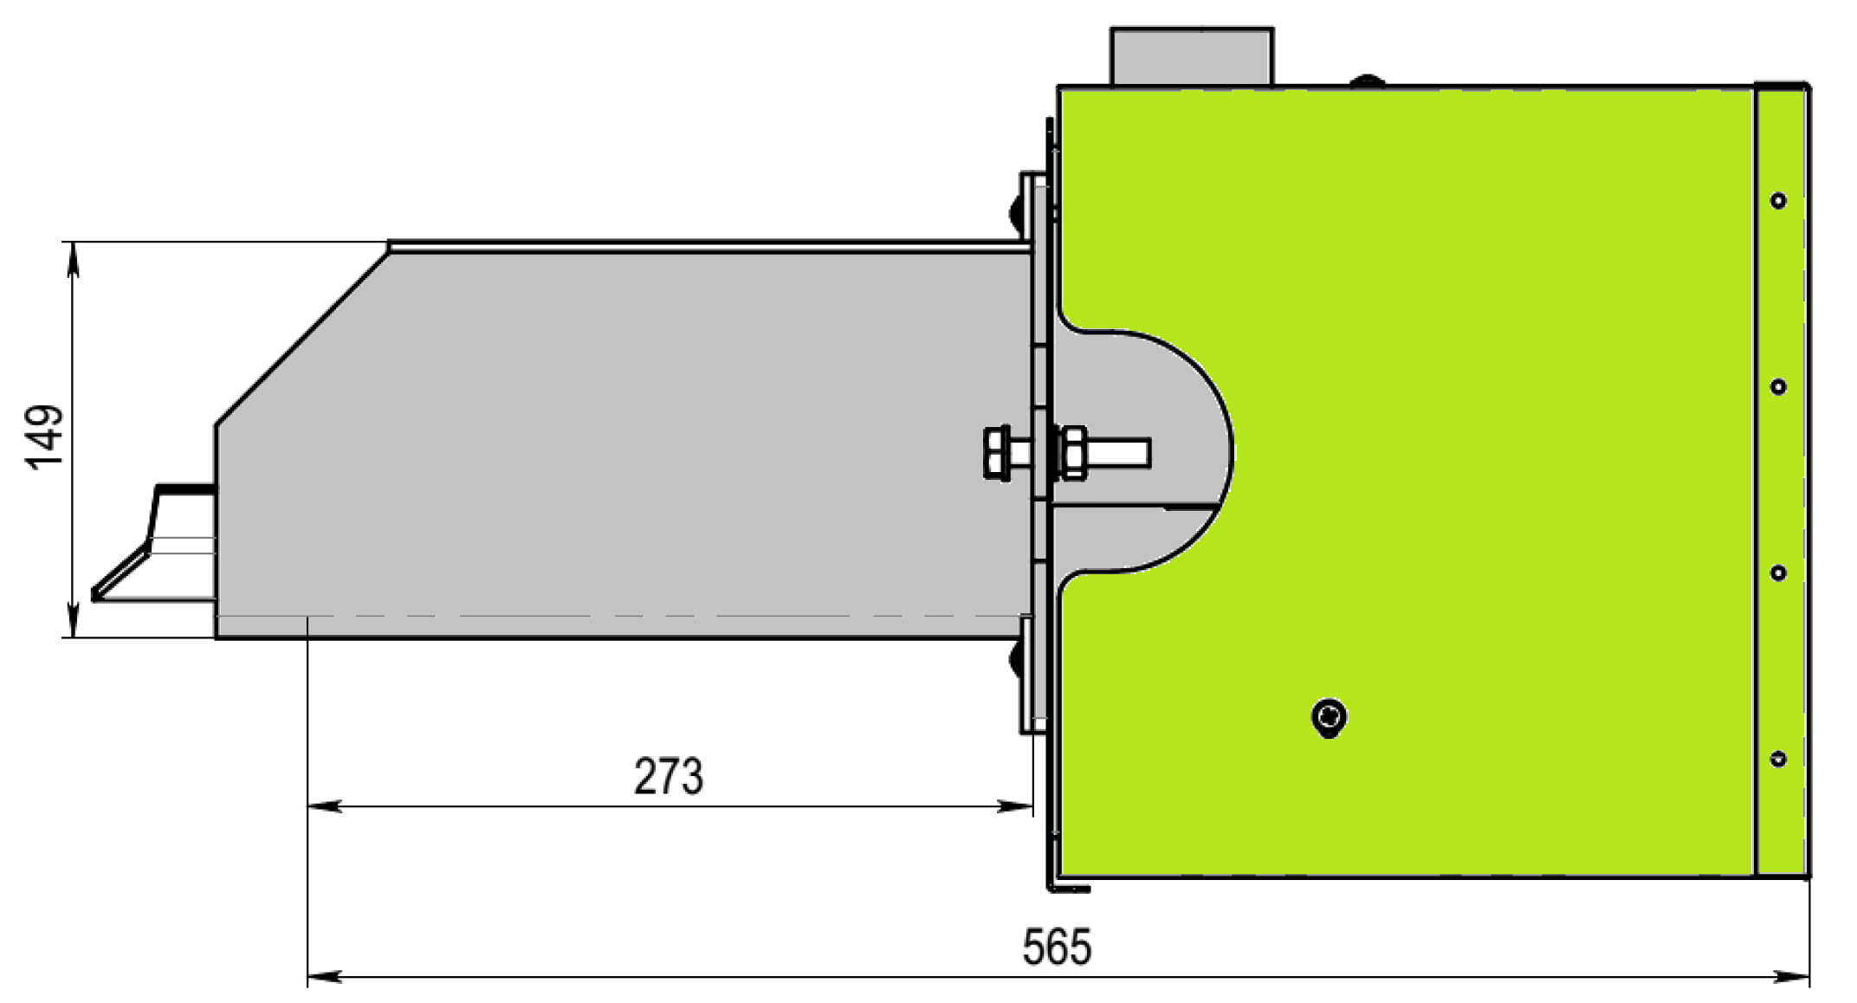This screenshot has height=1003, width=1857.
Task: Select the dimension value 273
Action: (x=668, y=776)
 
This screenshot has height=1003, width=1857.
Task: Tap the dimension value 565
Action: (x=1056, y=947)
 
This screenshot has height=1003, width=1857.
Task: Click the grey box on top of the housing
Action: (x=1191, y=56)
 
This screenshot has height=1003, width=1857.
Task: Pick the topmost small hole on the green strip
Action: (x=1778, y=201)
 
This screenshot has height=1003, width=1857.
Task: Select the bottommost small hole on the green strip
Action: (x=1778, y=760)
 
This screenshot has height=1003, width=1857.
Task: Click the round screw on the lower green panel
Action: (x=1330, y=717)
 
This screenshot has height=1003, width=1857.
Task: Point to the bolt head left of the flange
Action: (x=996, y=452)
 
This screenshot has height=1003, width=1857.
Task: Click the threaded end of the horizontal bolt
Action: (x=1126, y=453)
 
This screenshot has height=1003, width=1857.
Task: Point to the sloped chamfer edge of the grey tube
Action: (x=301, y=338)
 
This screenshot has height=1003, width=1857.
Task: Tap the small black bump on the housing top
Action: (x=1368, y=81)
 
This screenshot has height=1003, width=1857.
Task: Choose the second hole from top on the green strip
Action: (x=1778, y=386)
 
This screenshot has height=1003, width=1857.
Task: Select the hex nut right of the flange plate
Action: (x=1073, y=452)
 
